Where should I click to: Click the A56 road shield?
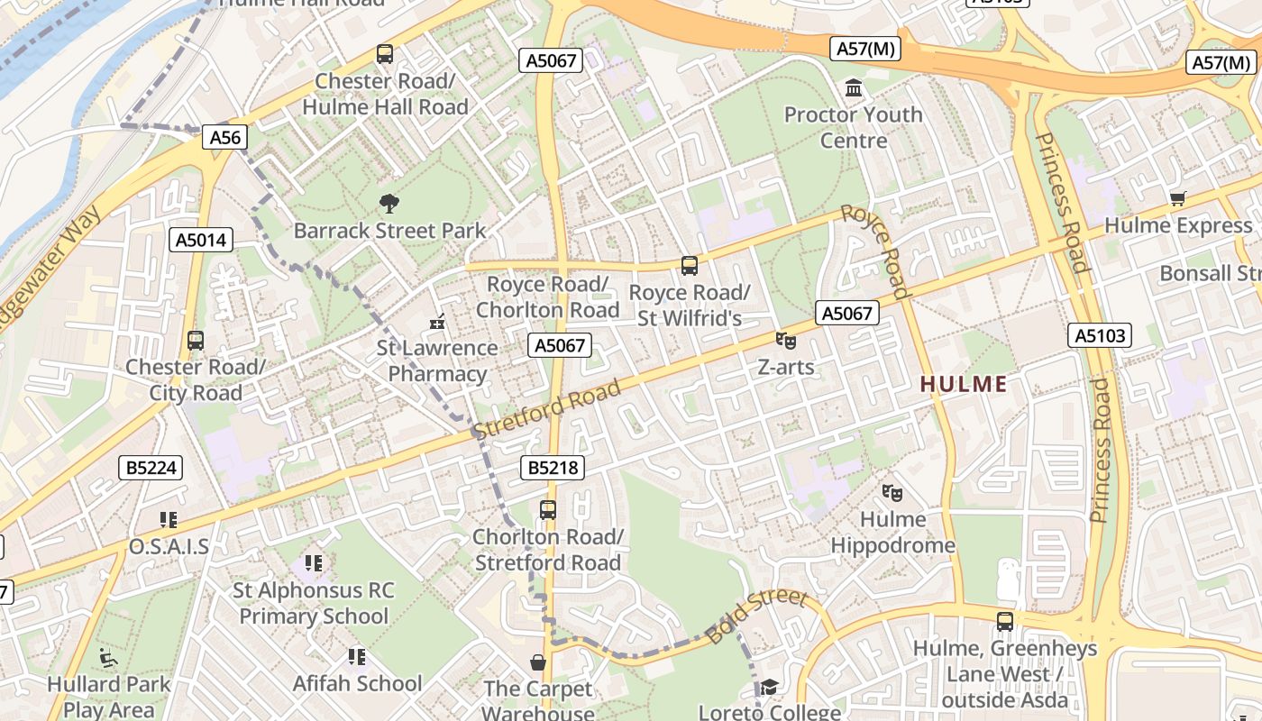coord(224,137)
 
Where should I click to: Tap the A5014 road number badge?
coord(201,240)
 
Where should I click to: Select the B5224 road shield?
coord(151,468)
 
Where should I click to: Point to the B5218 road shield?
coord(553,468)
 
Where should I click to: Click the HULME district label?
coord(964,384)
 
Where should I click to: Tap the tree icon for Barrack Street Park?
coord(389,203)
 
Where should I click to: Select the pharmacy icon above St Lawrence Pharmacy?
coord(438,321)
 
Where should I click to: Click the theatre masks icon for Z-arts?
coord(786,341)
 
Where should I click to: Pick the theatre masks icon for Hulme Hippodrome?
coord(892,492)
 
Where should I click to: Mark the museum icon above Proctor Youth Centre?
coord(853,88)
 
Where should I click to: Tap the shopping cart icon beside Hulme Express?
coord(1177,198)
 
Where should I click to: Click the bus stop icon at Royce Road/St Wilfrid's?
coord(690,266)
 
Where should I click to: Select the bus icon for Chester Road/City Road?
coord(196,341)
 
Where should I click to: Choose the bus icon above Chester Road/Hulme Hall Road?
coord(385,54)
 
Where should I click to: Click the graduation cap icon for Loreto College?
coord(768,688)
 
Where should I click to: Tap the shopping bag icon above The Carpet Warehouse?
coord(538,662)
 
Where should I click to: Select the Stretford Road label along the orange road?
coord(546,409)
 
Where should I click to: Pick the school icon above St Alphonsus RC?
coord(313,564)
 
